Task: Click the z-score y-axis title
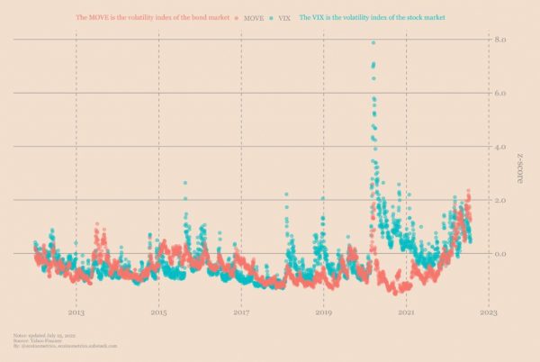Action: pos(520,169)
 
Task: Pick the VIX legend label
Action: pos(284,17)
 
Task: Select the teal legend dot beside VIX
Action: pos(272,17)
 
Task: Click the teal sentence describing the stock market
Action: pos(372,17)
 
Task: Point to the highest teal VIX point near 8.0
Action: pos(373,43)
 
